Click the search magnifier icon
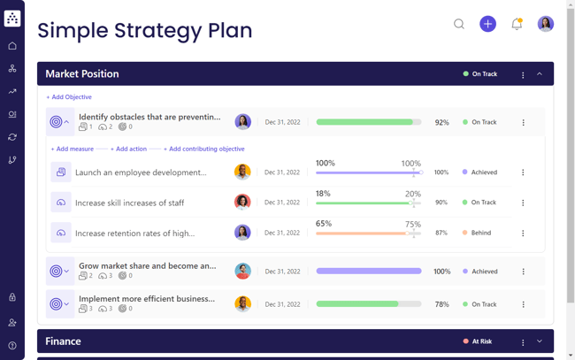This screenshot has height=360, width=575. point(459,24)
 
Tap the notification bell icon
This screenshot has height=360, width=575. point(517,24)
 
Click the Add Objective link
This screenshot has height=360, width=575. point(69,97)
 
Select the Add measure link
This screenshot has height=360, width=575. point(73,149)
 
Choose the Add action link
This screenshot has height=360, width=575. point(129,149)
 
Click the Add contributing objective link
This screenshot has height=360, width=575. point(204,149)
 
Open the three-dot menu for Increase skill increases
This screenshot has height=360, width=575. point(523,203)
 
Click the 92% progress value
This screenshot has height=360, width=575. point(441,123)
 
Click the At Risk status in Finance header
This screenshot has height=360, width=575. point(481,341)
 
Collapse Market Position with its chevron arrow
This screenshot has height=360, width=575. point(540,74)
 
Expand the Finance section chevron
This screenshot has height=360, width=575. point(540,341)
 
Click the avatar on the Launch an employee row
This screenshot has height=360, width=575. point(242,172)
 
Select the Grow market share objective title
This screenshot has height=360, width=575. point(147,265)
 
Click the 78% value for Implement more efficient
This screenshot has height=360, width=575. point(441,304)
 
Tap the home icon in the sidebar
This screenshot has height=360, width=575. point(12,46)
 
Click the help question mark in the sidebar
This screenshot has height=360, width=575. point(12,346)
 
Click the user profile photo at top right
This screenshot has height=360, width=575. point(546,24)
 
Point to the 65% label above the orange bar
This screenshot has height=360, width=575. point(324,225)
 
